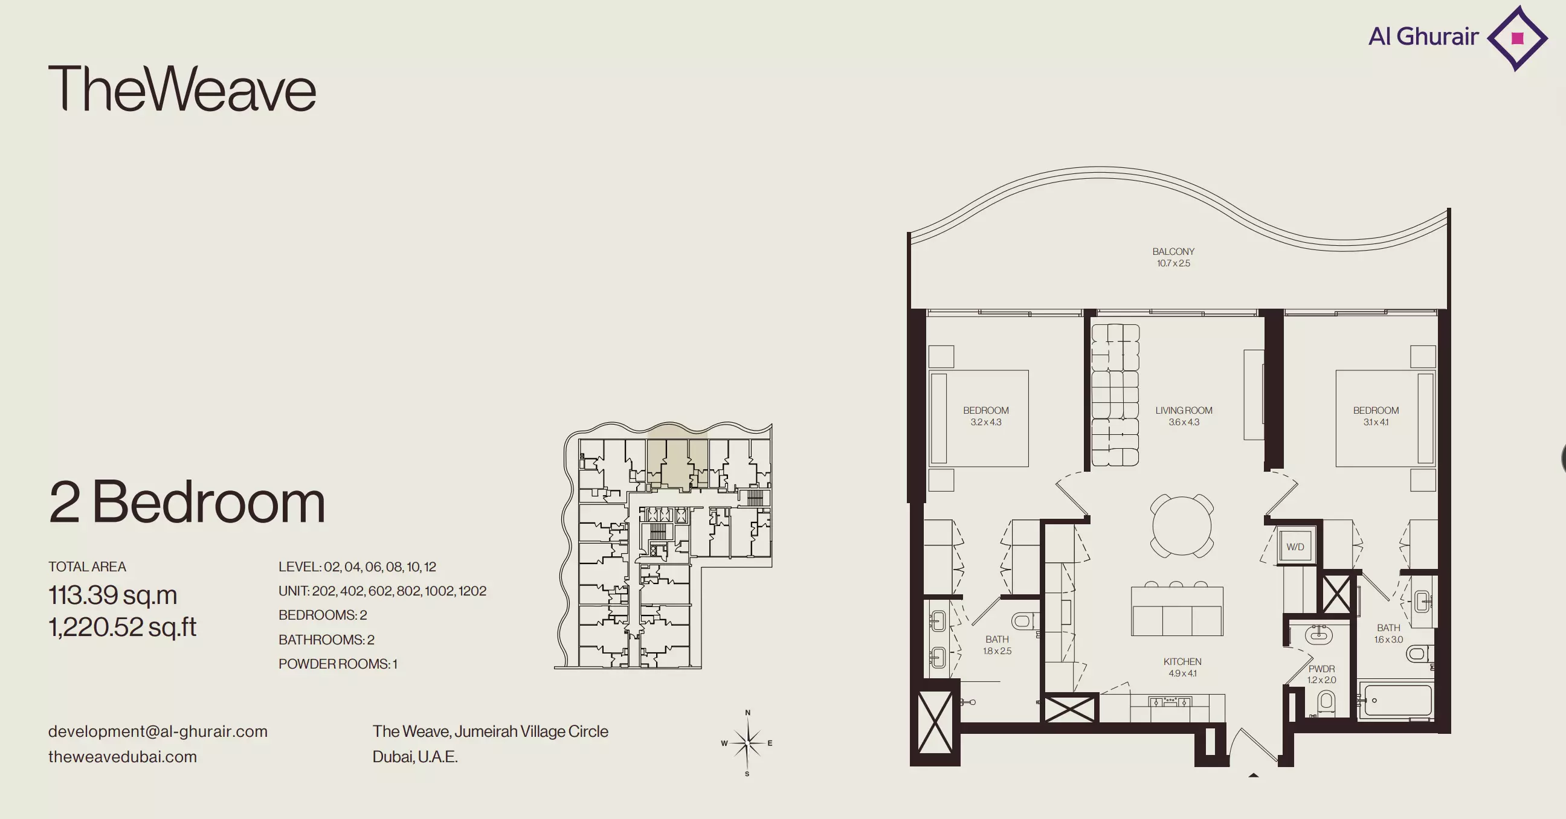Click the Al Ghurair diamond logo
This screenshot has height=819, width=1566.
click(1518, 38)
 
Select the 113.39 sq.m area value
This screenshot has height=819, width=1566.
click(113, 595)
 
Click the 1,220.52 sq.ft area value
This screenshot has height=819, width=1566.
click(122, 627)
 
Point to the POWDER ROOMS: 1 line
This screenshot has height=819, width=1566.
click(338, 664)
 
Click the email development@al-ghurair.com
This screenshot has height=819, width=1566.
click(158, 731)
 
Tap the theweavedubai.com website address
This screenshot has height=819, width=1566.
click(123, 757)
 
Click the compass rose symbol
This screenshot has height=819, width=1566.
click(747, 742)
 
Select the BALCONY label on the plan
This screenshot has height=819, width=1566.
click(1173, 251)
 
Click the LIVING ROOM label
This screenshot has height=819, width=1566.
click(1184, 411)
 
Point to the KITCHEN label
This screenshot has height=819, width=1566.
click(1182, 661)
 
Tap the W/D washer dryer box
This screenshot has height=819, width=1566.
click(1295, 547)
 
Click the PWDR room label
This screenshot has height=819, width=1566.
click(1322, 669)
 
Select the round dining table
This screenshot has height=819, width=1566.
click(1182, 525)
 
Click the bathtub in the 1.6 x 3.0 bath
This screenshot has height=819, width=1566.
click(1396, 701)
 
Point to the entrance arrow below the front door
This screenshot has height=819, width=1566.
click(1253, 776)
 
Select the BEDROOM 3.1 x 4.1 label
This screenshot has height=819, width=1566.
click(1376, 416)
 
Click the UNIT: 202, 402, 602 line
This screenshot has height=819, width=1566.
click(382, 591)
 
